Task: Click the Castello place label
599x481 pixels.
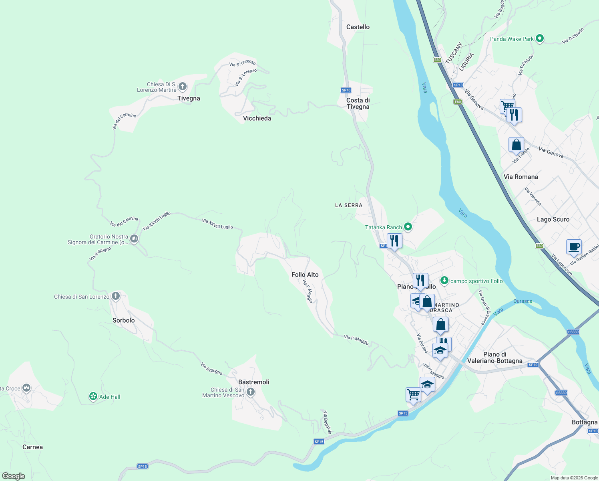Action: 358,27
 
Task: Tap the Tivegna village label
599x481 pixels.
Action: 189,98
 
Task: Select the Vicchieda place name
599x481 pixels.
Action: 257,118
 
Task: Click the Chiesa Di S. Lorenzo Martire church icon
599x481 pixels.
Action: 183,86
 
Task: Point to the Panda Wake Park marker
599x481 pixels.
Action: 539,38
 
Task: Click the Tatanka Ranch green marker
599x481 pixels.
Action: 408,227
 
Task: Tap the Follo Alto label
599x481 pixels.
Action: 305,275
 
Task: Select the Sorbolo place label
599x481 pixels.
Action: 123,320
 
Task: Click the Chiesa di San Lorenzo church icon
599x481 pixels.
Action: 116,296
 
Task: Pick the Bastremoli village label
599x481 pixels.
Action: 253,382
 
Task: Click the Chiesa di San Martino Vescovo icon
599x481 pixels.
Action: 251,392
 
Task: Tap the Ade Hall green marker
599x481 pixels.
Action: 93,396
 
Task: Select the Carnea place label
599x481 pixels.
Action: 32,447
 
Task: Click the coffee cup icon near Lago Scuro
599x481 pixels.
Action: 574,247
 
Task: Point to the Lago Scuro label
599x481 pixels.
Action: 553,219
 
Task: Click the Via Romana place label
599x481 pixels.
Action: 521,177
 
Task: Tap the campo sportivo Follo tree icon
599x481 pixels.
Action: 444,280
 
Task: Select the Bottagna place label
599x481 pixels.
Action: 584,422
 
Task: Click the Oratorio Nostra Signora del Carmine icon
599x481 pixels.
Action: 134,239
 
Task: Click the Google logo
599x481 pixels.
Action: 14,476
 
